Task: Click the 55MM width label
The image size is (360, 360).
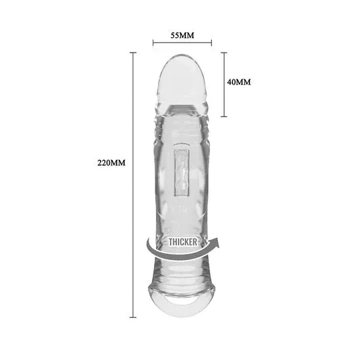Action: [182, 35]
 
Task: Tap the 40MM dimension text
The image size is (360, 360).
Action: [239, 82]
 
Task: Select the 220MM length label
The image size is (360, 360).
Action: [111, 163]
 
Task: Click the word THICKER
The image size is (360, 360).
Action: [183, 242]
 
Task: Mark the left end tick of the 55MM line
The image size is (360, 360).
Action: [153, 43]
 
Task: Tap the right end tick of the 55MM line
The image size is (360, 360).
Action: [211, 43]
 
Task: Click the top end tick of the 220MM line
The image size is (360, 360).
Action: [133, 53]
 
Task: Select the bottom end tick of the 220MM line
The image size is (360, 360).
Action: [133, 317]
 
